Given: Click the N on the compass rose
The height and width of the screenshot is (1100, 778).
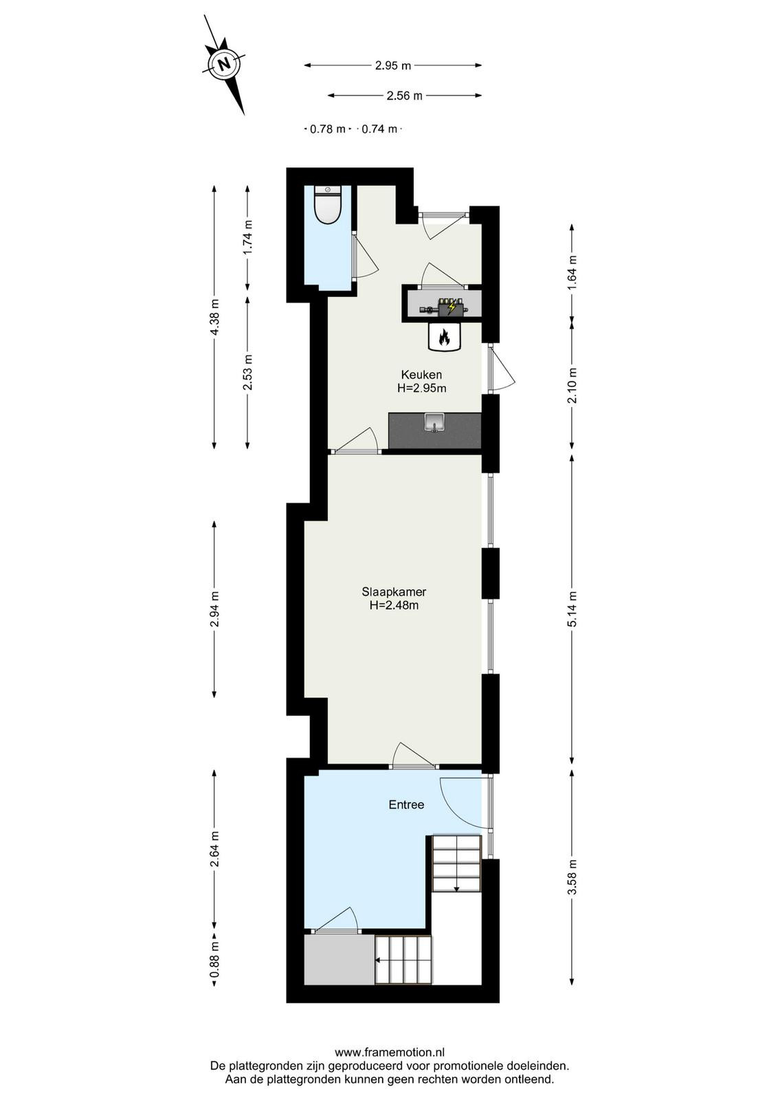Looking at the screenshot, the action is coord(225,64).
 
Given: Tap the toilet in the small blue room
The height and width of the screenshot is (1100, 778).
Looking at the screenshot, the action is coord(328,206).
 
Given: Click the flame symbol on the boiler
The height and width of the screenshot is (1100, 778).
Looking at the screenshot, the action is coord(444,338).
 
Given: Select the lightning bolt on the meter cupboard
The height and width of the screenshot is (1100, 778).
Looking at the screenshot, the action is coord(452,307).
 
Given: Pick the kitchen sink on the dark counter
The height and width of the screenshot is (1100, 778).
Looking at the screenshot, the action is coord(434,422).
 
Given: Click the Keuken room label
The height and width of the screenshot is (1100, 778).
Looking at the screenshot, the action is coord(421,375).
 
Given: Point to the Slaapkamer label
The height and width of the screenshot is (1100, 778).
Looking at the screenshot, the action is coord(394,592).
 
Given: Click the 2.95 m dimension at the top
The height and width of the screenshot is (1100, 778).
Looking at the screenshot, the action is coord(392,65).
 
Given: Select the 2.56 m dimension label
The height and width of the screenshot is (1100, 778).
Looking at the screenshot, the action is coord(404,96).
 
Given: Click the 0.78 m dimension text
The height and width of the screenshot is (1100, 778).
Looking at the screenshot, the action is coord(327,129).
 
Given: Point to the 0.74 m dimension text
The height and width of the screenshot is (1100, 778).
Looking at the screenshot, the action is coord(379,129).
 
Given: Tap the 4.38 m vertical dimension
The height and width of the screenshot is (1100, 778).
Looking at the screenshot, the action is coord(214,317).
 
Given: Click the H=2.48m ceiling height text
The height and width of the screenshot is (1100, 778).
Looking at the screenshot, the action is coord(394,606).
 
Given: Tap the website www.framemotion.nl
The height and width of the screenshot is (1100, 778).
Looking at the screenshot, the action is coord(389,1048).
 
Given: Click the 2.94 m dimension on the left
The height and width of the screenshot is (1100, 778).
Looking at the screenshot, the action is coord(214,609).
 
